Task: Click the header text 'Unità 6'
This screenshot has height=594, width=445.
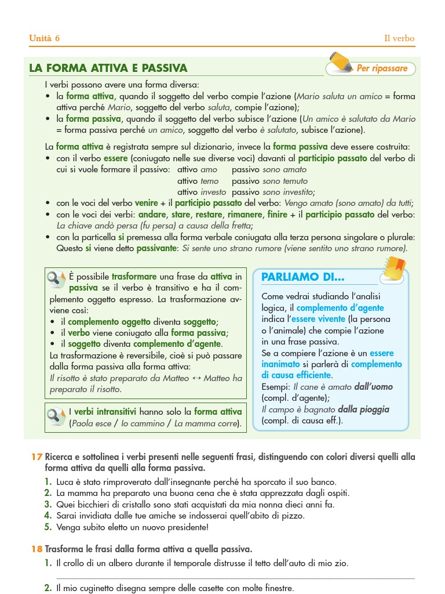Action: [45, 39]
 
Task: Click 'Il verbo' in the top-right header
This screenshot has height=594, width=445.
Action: [399, 39]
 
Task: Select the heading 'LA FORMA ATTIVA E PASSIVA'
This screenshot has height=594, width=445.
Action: [108, 68]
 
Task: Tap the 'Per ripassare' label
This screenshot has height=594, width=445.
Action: [382, 68]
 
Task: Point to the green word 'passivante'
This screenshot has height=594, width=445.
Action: [156, 248]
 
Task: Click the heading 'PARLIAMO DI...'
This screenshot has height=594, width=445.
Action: [303, 277]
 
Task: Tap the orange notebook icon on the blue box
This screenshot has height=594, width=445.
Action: [395, 269]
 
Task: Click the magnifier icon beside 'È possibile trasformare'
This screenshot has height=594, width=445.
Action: [56, 280]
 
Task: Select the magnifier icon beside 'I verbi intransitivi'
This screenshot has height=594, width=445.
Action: [56, 415]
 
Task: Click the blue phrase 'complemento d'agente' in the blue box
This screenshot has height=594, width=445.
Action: [340, 308]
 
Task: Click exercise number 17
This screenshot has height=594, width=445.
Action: [37, 457]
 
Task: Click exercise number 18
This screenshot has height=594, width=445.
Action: [37, 549]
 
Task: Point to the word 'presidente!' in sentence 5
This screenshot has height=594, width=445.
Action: [186, 527]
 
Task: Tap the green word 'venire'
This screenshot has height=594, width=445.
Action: [146, 203]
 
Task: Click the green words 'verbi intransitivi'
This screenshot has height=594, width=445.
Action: [108, 412]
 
